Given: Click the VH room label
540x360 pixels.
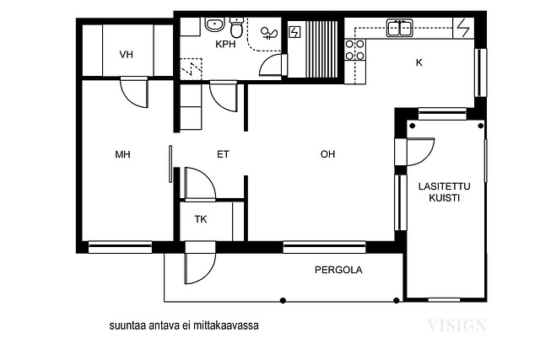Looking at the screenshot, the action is [x=126, y=54].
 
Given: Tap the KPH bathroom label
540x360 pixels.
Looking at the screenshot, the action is [x=225, y=44].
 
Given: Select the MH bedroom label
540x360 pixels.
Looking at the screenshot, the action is [x=122, y=154].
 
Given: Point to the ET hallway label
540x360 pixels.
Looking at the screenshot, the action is [x=223, y=154].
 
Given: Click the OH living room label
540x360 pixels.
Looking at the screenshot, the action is [x=327, y=154].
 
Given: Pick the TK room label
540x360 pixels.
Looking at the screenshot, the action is [x=201, y=219].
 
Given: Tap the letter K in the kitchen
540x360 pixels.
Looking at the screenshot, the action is [x=418, y=62].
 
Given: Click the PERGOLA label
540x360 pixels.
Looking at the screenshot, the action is [x=338, y=270].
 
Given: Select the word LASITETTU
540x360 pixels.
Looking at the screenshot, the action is [x=445, y=186].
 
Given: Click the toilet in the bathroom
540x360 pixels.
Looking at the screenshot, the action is [x=236, y=27].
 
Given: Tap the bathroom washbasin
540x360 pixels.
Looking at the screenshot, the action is [x=215, y=24].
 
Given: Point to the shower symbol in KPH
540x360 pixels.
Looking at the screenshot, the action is [x=269, y=34].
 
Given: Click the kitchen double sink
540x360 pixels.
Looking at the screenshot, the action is [x=399, y=28].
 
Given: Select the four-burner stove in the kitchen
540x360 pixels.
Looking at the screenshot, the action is [x=355, y=50].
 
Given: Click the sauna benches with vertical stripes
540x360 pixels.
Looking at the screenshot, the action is [x=322, y=49].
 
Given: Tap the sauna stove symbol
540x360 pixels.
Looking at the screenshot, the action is [x=294, y=32].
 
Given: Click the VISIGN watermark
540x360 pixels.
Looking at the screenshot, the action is [x=456, y=325].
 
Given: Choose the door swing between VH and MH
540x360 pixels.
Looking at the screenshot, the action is [x=134, y=93].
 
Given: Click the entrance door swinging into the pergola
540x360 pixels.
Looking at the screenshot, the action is [x=200, y=263].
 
